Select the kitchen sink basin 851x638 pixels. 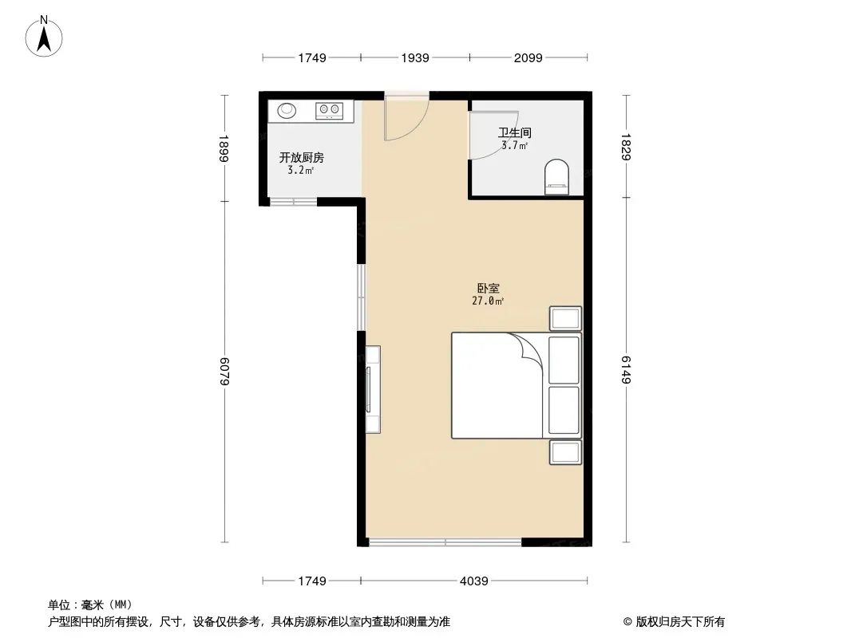click(287, 111)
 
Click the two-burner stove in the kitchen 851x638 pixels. click(330, 111)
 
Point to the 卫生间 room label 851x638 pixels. click(514, 132)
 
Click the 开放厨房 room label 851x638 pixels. click(301, 158)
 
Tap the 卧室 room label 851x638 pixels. click(488, 289)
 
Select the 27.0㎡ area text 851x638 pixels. click(488, 301)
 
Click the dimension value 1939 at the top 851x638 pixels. click(415, 57)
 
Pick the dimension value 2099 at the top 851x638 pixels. click(528, 57)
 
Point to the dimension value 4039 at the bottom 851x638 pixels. click(474, 581)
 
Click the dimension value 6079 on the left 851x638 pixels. click(224, 372)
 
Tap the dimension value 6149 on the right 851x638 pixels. click(626, 370)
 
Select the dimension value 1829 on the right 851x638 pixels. click(626, 147)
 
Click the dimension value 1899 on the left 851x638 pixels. click(224, 148)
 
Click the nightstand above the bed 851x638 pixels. click(565, 318)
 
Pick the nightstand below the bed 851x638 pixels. click(565, 452)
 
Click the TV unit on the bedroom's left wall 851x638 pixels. click(372, 389)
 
